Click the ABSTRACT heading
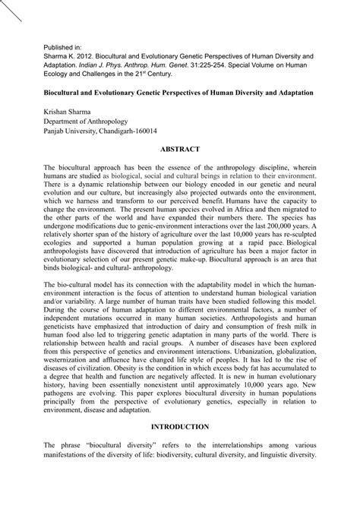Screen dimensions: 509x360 pos(180,149)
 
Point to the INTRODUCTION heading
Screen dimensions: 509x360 pos(180,449)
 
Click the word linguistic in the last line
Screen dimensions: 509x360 pos(275,479)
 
